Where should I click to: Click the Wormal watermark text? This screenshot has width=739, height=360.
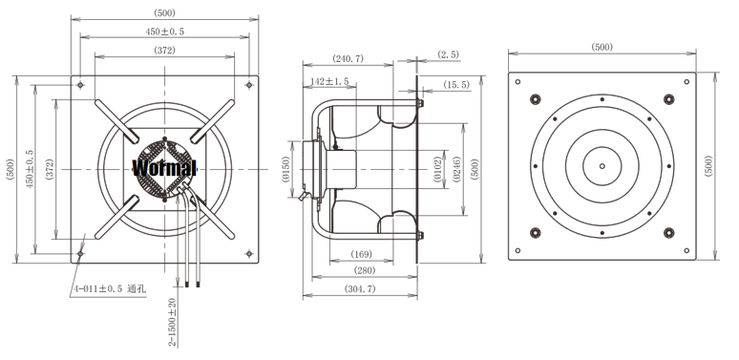(x=164, y=168)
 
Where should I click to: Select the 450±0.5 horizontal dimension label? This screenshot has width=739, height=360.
(x=164, y=32)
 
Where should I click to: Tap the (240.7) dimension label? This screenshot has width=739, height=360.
(x=348, y=58)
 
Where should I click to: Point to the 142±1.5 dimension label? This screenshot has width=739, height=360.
(x=329, y=81)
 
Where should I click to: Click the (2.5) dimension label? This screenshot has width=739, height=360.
(x=448, y=54)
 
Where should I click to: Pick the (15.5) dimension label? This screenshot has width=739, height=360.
(x=456, y=84)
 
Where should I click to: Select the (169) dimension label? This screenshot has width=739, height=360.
(x=361, y=254)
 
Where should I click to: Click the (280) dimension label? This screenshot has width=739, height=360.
(x=365, y=270)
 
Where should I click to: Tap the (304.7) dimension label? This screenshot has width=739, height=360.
(x=360, y=288)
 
